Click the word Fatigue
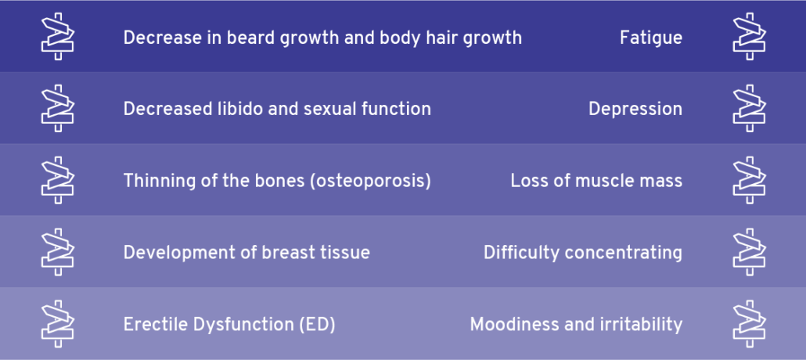tap(651, 38)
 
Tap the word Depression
tap(635, 109)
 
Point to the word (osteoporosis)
tap(371, 181)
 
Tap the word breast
tap(287, 253)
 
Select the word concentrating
tap(624, 253)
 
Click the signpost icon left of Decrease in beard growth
tap(58, 37)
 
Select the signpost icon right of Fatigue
tap(749, 37)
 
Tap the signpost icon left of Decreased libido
tap(58, 109)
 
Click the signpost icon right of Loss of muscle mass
tap(749, 181)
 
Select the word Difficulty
tap(521, 253)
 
